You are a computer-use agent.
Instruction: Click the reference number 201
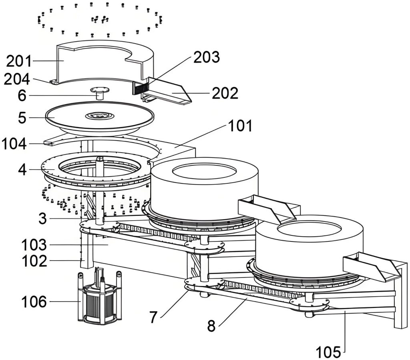19,61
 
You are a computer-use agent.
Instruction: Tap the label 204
17,79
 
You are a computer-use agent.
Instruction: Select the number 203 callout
207,57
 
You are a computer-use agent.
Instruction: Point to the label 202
225,93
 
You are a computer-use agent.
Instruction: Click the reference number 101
240,126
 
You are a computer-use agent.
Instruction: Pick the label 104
14,144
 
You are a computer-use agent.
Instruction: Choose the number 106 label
34,302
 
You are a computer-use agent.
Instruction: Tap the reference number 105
328,352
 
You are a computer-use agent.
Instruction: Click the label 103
34,245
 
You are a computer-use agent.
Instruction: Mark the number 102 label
34,261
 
